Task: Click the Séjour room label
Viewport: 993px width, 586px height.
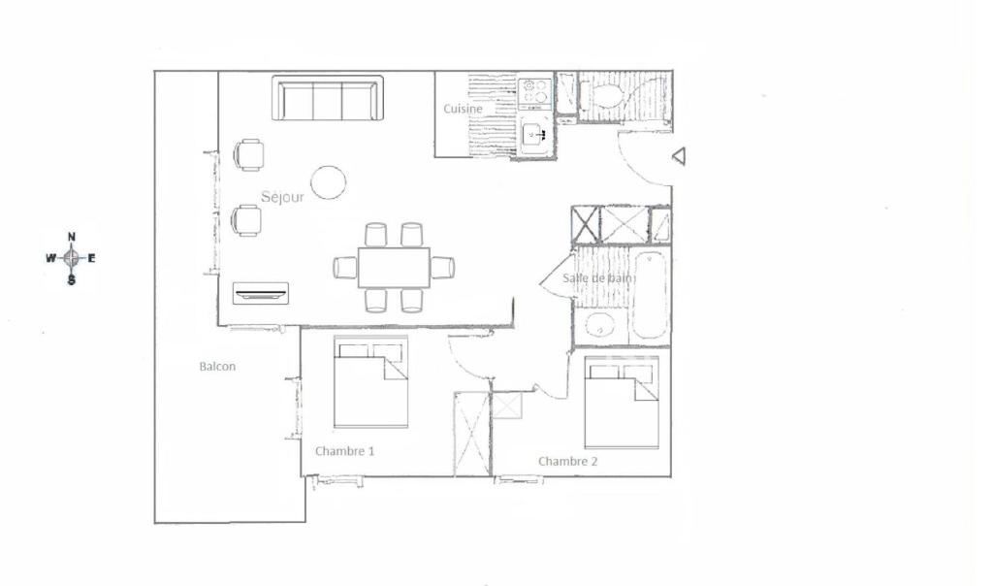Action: click(x=282, y=197)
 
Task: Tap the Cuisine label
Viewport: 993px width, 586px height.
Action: click(x=463, y=109)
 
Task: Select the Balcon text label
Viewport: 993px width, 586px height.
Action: click(x=217, y=366)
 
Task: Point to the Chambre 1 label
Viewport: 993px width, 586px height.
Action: click(x=344, y=451)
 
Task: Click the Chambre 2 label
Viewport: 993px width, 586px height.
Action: click(x=567, y=461)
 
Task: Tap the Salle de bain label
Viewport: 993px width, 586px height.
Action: click(x=597, y=278)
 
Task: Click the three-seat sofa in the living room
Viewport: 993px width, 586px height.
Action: click(x=328, y=98)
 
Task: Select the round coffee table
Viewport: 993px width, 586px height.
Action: click(x=329, y=182)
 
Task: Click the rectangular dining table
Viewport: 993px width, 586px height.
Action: click(x=394, y=268)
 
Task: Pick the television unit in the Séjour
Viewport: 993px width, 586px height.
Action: click(x=261, y=293)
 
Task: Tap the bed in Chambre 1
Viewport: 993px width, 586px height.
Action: click(x=371, y=382)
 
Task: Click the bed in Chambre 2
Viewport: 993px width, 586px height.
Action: click(x=622, y=403)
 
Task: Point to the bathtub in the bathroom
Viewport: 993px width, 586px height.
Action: click(x=650, y=296)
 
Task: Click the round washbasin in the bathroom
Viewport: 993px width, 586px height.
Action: click(x=598, y=326)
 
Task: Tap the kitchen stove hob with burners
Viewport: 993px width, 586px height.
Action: click(x=535, y=90)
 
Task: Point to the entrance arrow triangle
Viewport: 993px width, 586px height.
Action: click(x=679, y=156)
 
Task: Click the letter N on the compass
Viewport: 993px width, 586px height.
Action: click(x=72, y=237)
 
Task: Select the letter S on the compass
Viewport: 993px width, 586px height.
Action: click(x=72, y=279)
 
